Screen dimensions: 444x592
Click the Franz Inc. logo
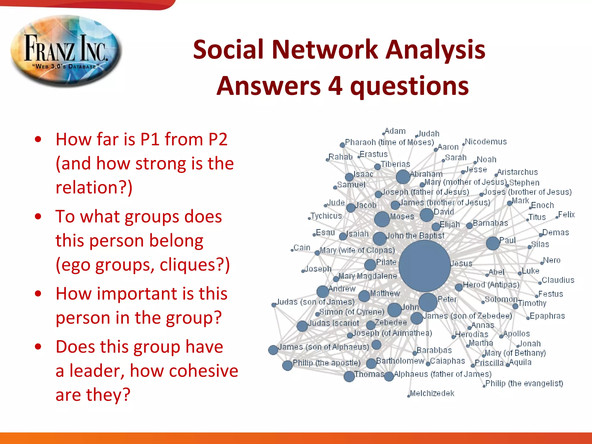coord(66,51)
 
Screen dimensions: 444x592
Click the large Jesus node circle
coord(424,266)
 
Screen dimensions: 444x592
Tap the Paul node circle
coord(493,243)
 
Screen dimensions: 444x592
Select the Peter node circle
coord(428,302)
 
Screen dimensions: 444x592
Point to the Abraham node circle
coord(403,177)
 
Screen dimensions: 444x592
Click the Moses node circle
coord(382,219)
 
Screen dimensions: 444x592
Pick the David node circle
coord(426,215)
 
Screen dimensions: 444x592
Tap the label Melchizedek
coord(432,393)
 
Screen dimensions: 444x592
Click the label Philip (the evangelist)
coord(524,383)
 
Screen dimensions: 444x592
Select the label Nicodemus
coord(486,142)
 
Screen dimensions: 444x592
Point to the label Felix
coord(566,214)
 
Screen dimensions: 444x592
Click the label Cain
coord(302,248)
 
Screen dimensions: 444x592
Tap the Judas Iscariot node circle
coord(302,326)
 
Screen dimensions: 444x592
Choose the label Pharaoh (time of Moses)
coord(389,142)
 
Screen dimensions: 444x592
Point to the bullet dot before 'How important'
coord(38,294)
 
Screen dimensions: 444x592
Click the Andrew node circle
coord(323,292)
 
